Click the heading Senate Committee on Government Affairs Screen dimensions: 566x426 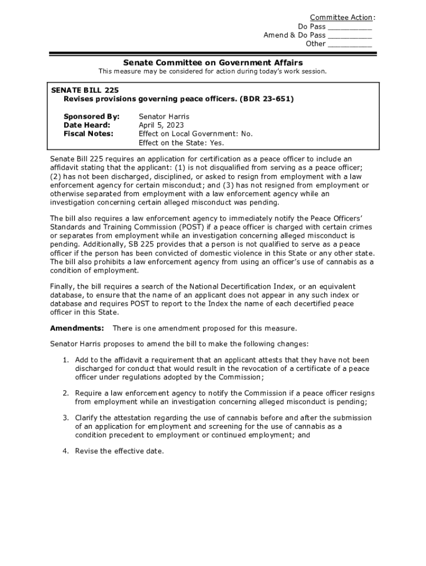[213, 62]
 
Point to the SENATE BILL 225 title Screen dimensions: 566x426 [85, 90]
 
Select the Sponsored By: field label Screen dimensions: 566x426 [91, 117]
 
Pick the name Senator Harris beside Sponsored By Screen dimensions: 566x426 [164, 117]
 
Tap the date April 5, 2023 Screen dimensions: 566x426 [162, 125]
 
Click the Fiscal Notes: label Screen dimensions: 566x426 [89, 134]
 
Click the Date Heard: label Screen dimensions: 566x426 [87, 125]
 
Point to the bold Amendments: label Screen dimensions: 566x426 [77, 328]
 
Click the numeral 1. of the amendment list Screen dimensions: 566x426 [65, 360]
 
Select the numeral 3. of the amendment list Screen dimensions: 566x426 [65, 418]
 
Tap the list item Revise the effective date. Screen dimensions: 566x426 [120, 451]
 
